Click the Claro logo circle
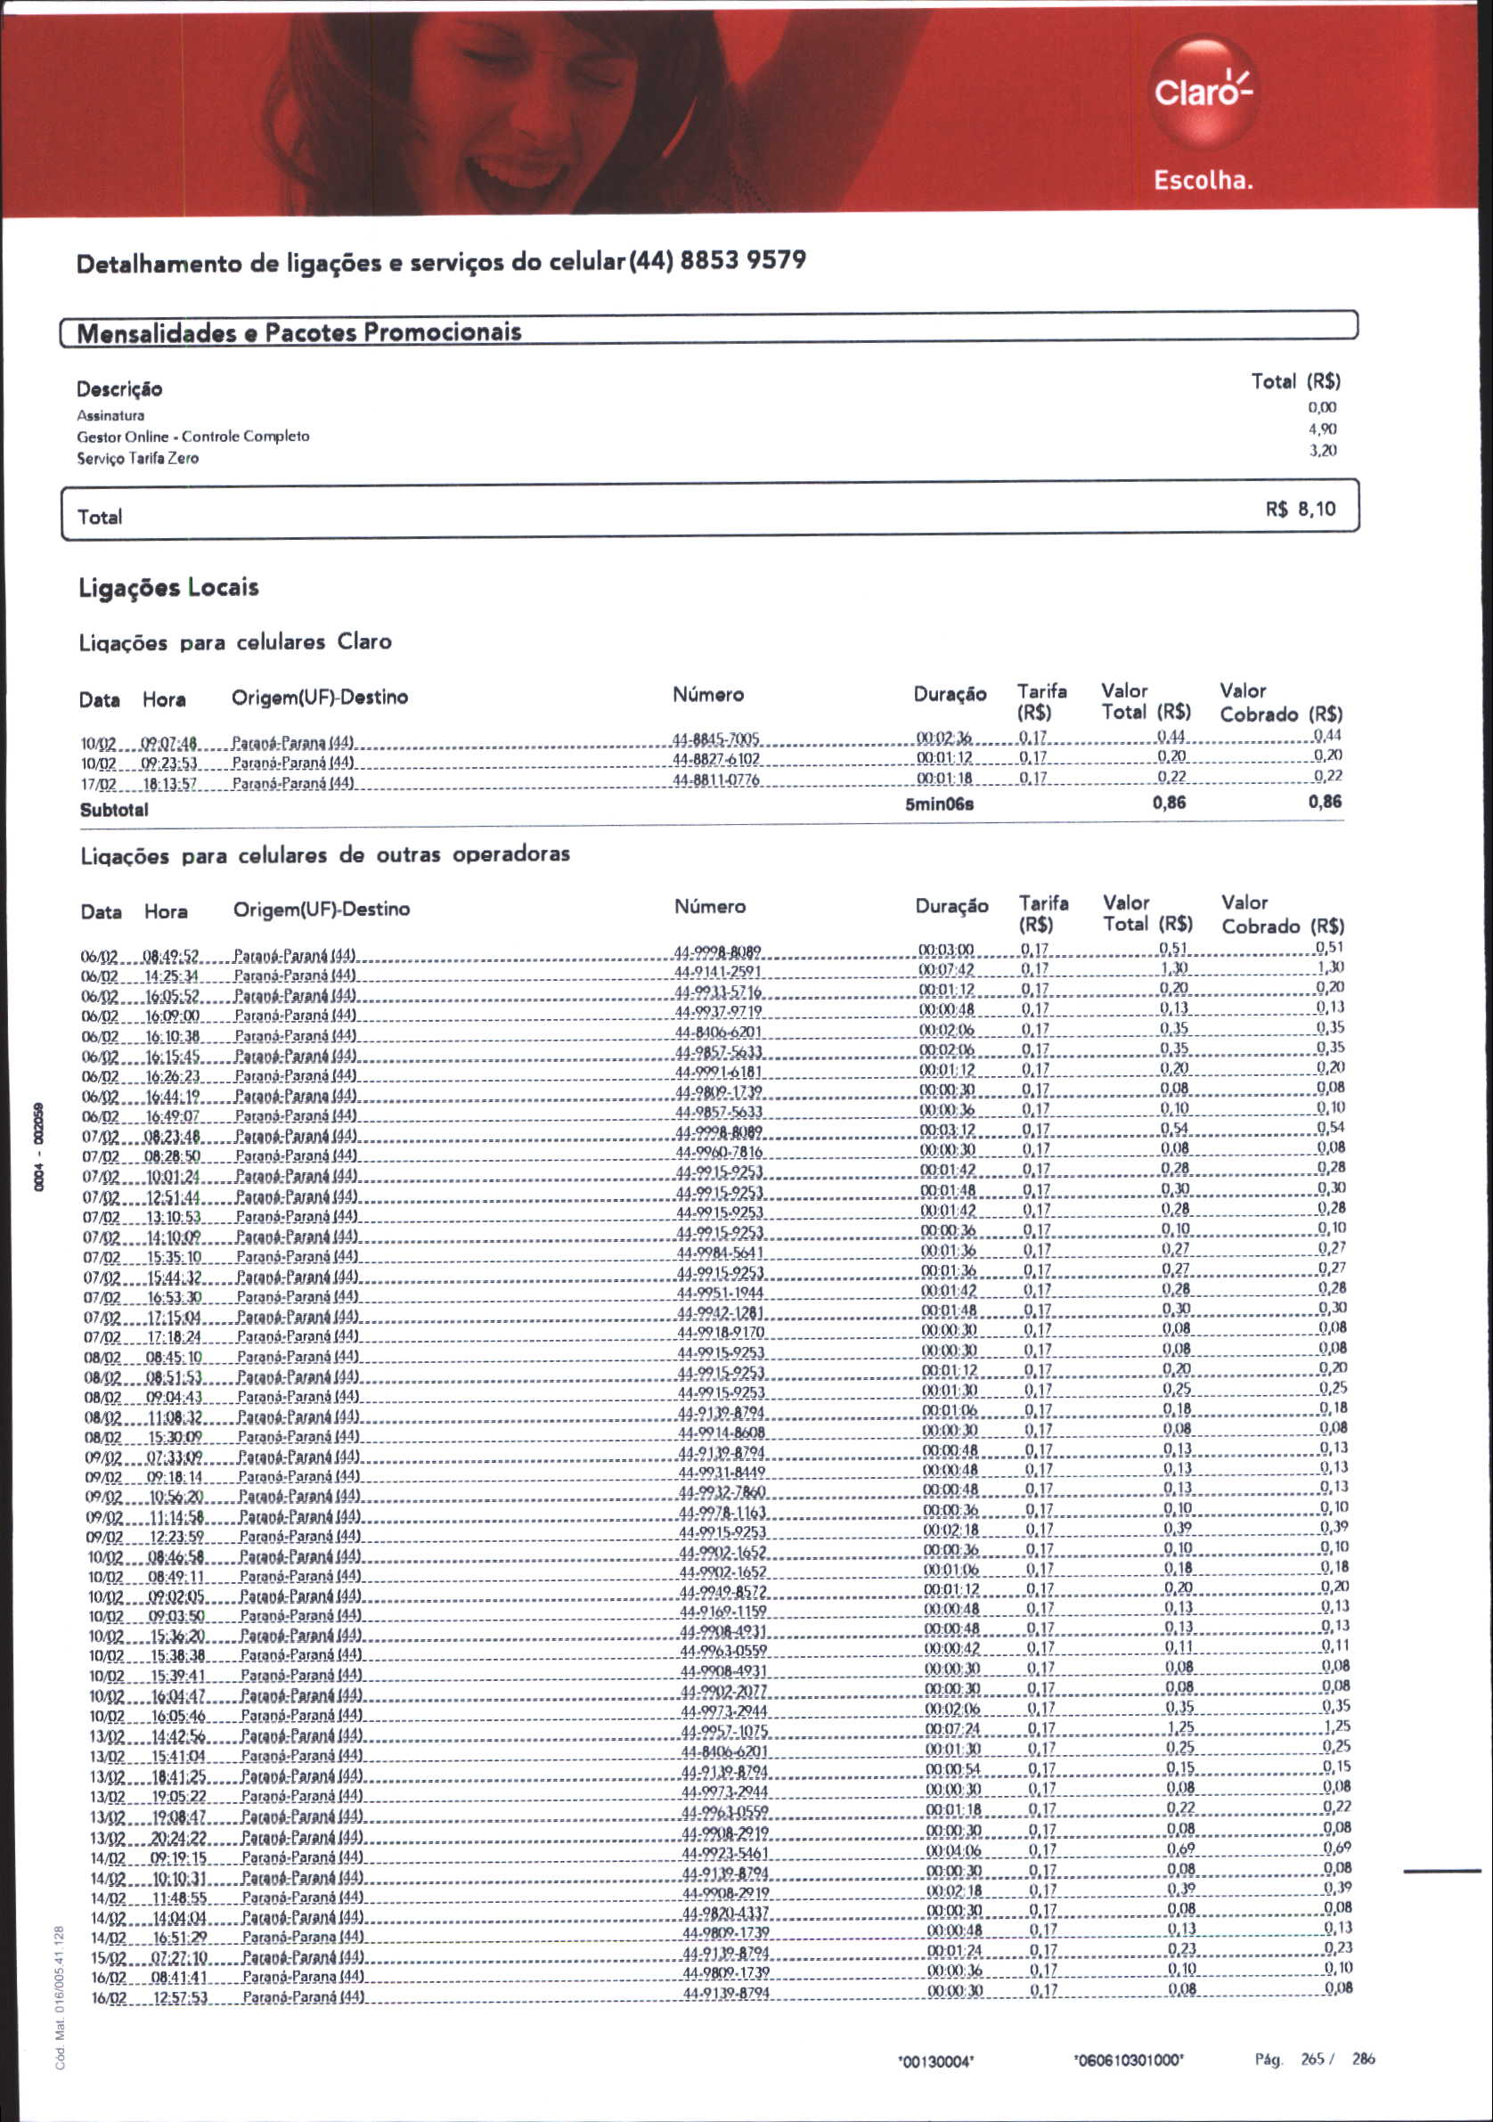1202,92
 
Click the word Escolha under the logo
1203,180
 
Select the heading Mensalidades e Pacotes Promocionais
298,332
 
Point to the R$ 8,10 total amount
1300,510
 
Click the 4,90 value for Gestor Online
1322,428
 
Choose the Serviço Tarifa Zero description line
138,459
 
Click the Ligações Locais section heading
168,588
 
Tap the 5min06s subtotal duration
939,804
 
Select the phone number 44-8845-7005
715,739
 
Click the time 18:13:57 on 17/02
170,784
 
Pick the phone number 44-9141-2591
717,971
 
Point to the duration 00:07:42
946,970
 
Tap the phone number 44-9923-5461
725,1853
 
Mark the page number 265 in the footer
1313,2058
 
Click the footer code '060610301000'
1128,2059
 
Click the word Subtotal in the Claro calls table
114,811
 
